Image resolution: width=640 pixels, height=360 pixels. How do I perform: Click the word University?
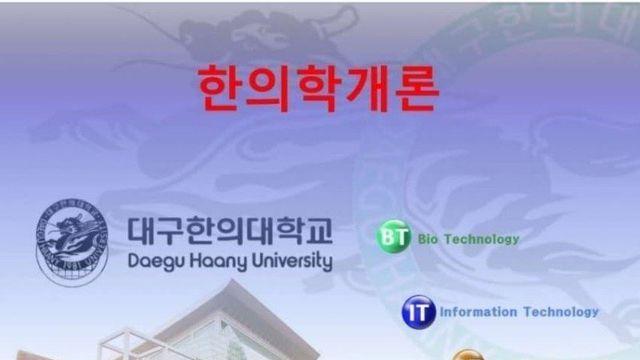(x=291, y=261)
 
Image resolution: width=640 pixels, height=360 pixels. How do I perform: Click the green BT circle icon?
(x=392, y=238)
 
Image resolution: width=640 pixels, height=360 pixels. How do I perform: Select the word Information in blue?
(x=476, y=311)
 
